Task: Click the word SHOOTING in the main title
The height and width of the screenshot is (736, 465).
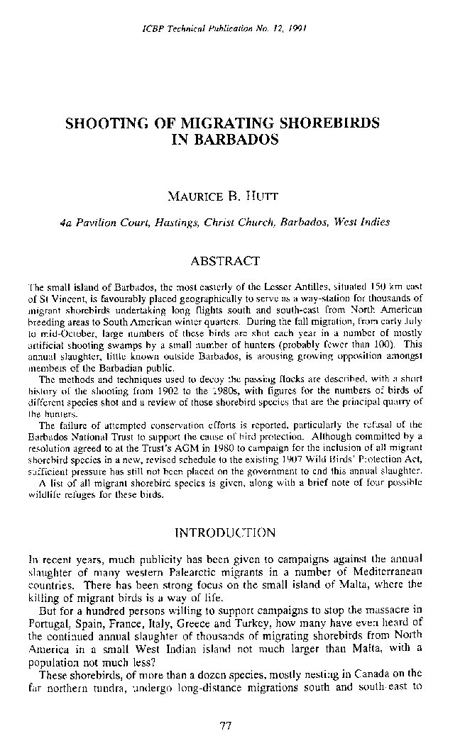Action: pos(103,123)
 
